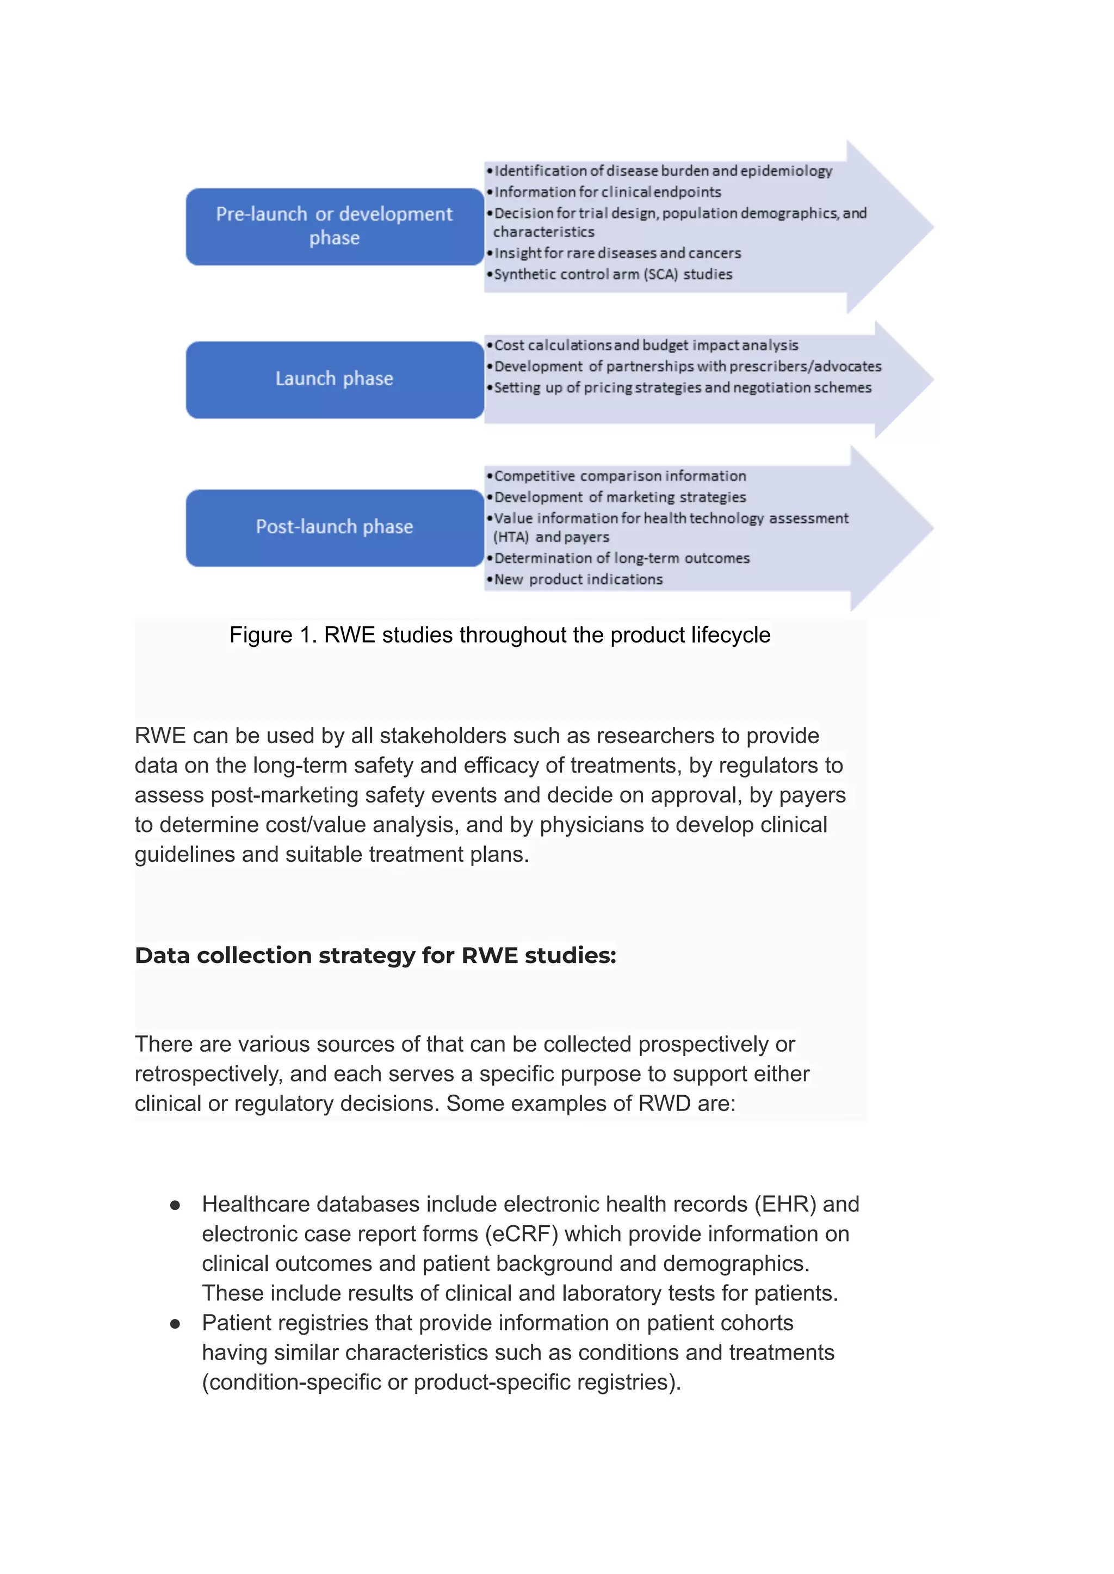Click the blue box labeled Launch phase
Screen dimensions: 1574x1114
click(334, 379)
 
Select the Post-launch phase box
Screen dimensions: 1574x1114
click(334, 527)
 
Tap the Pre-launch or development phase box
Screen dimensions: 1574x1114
click(334, 226)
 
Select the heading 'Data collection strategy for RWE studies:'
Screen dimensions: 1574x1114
click(375, 955)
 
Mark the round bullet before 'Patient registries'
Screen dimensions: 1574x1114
click(175, 1324)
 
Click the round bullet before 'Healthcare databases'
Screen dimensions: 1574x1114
click(175, 1205)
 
